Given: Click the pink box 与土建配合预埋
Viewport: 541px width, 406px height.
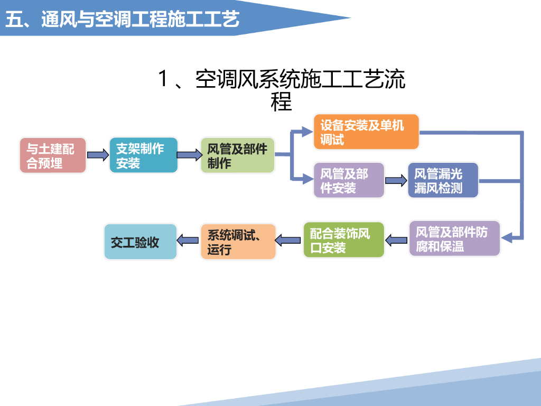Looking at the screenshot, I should [53, 155].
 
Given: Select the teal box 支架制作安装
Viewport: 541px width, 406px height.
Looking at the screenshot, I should [144, 155].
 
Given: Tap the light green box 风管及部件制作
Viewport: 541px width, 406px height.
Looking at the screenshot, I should [238, 155].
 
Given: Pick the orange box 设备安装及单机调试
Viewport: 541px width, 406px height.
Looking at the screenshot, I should [366, 132].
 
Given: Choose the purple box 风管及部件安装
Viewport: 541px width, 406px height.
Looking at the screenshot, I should [349, 180].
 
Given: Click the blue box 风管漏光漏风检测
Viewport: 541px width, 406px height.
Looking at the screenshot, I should [443, 180].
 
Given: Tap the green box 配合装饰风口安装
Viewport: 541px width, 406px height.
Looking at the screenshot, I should [343, 240].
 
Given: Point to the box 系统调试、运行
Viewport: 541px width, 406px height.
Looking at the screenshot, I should [238, 242].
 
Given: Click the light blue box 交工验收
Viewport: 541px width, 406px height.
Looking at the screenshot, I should [140, 242].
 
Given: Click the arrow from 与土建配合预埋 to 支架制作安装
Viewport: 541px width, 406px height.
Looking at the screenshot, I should [97, 155].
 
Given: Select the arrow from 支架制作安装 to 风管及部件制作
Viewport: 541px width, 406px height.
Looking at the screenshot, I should [189, 155].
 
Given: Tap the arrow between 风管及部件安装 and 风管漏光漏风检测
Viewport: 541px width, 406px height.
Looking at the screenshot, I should [396, 180].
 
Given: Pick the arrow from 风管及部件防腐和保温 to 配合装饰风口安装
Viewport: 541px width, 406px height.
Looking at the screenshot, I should [396, 241].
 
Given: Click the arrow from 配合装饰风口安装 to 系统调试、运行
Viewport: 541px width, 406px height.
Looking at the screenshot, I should [288, 241].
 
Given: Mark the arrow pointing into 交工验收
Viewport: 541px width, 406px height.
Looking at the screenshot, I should [188, 241].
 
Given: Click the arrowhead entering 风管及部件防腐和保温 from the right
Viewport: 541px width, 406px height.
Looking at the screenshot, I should [507, 238].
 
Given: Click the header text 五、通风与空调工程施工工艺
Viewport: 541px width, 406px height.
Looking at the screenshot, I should [122, 20].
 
